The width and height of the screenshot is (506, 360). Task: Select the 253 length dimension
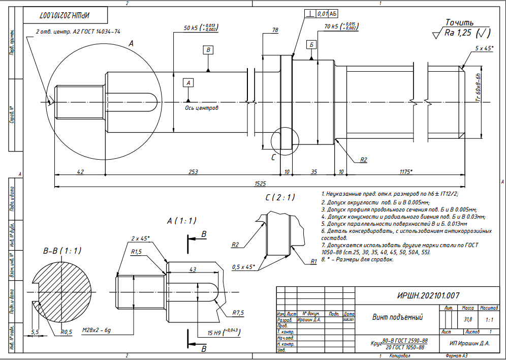coord(193,172)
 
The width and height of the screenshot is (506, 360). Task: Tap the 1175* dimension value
coord(406,172)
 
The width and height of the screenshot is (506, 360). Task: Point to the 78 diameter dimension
coord(275,31)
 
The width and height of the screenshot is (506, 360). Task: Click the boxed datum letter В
coord(208,49)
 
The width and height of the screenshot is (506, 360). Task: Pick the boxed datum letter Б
coord(311,45)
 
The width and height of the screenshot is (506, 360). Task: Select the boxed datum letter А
coord(188,82)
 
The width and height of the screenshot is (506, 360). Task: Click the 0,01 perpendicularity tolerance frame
coord(323,13)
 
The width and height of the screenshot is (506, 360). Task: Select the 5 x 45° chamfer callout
coord(485,48)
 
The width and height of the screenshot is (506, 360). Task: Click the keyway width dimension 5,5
coord(35,331)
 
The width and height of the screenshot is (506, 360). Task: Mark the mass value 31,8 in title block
coord(467,319)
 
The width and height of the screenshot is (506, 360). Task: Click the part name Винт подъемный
coord(398,317)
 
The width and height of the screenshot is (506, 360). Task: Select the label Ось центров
coord(201,108)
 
